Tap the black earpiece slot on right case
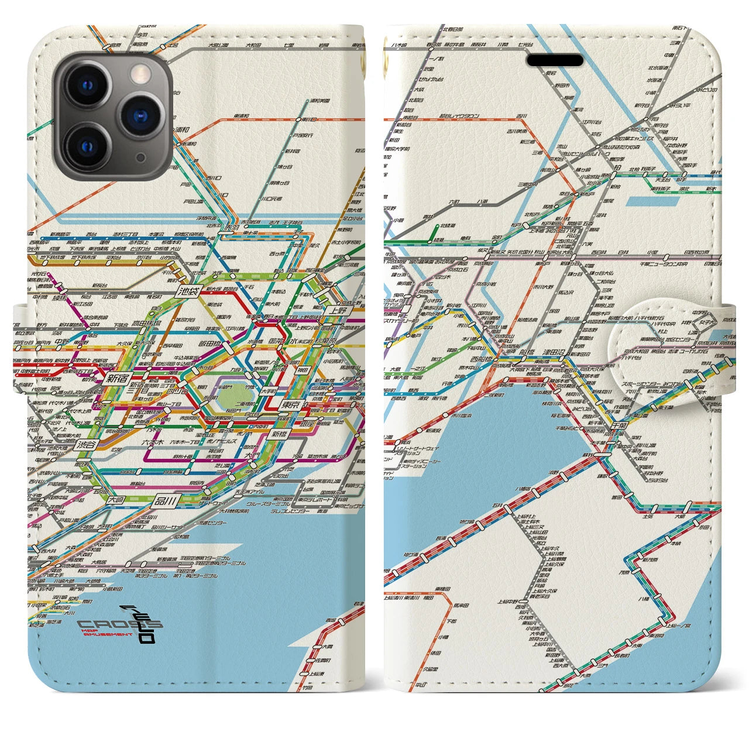tap(556, 61)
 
